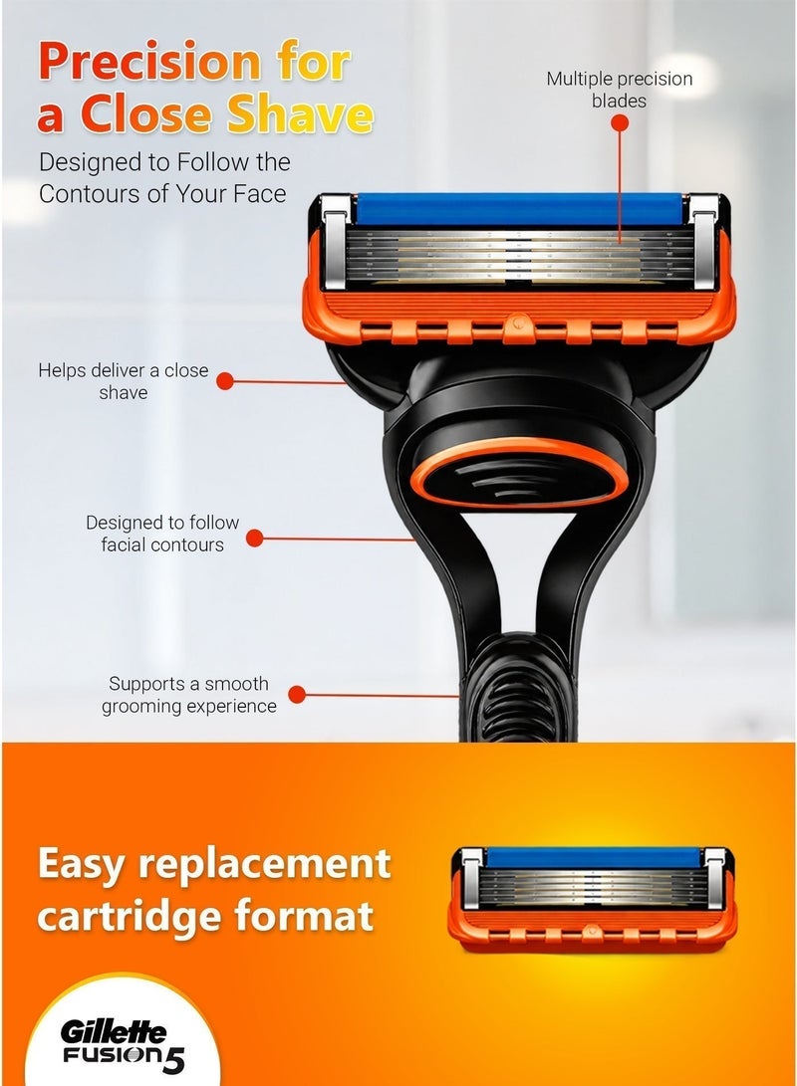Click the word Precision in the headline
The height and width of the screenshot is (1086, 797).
(149, 62)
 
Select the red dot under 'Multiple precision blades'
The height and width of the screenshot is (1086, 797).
(620, 123)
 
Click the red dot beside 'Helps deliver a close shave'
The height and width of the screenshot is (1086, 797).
(225, 381)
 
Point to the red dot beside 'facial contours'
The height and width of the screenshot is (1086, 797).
(255, 539)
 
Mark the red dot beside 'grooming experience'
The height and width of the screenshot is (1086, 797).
(297, 695)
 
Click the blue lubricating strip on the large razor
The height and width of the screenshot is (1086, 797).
(520, 208)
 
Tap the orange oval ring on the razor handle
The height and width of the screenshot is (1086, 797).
(519, 472)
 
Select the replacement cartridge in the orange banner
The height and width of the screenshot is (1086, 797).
(593, 898)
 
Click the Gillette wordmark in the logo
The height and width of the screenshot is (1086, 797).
(115, 1033)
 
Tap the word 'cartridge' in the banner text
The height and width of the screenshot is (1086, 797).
(131, 917)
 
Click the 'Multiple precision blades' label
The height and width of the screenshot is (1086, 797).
(620, 90)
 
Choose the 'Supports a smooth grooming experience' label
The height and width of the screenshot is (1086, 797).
(188, 695)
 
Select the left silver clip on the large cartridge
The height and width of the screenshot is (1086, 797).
(336, 243)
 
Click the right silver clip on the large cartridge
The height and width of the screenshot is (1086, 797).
(704, 243)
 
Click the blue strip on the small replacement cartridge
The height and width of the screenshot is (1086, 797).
(593, 857)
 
